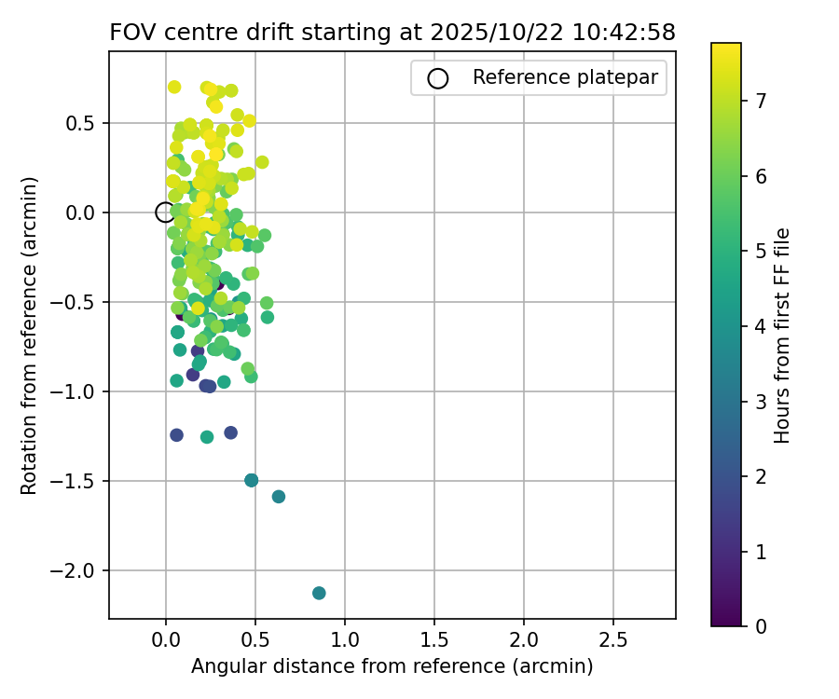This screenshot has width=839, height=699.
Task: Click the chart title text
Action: point(392,32)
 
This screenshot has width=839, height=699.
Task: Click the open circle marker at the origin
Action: point(165,212)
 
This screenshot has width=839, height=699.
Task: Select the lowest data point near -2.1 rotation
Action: point(319,593)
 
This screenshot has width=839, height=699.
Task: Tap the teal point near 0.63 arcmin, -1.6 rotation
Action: point(279,497)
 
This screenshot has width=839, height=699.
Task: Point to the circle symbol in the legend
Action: point(437,78)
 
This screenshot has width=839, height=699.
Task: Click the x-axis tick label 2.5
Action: point(612,642)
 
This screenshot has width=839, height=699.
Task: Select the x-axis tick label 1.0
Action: point(344,642)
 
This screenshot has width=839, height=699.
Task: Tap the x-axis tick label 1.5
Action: point(433,642)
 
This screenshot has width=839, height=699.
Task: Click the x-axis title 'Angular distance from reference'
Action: point(392,667)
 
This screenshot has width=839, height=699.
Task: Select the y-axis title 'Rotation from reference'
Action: point(29,335)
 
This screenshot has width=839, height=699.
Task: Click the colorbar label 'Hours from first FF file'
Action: point(783,335)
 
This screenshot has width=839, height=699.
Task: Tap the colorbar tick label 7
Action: point(761,102)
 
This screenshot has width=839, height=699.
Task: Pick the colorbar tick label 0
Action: point(761,626)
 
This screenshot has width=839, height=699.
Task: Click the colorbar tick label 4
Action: point(761,326)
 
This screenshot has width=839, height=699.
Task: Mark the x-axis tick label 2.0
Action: point(523,642)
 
